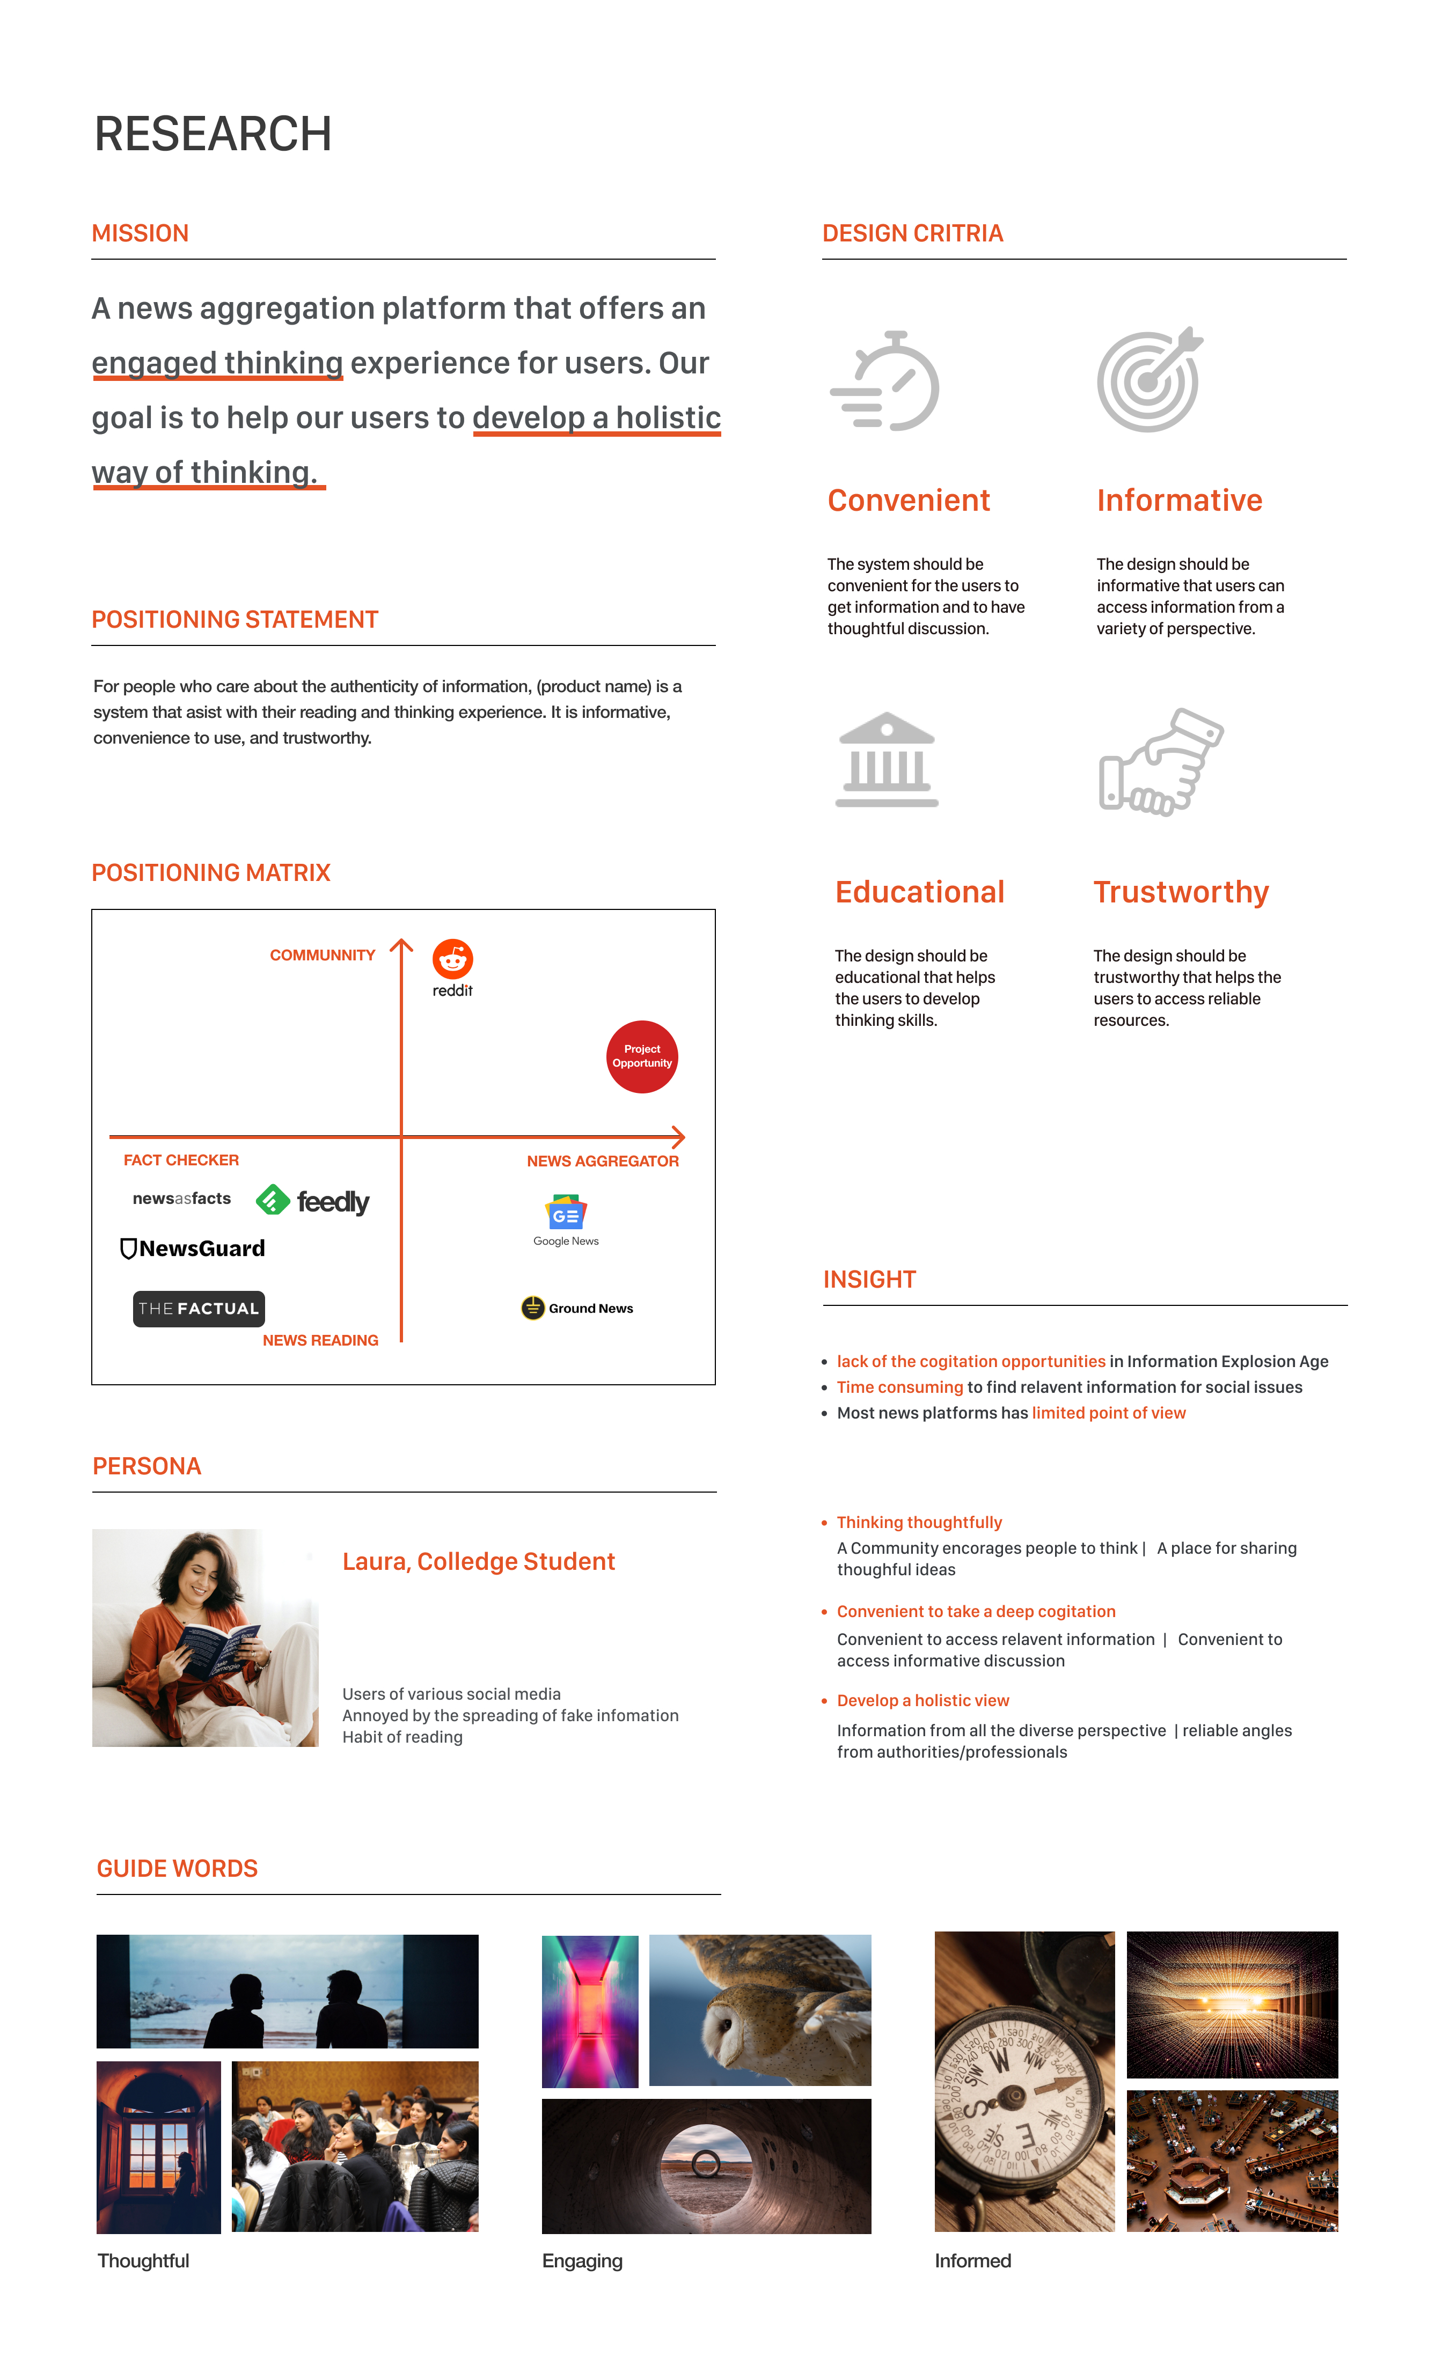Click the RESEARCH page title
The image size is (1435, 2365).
click(213, 134)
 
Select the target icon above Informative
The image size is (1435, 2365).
click(1149, 380)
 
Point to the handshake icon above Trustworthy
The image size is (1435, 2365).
click(1160, 762)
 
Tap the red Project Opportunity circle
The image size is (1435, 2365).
click(642, 1056)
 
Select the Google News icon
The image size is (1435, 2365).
click(566, 1213)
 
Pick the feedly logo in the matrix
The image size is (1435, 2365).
click(313, 1201)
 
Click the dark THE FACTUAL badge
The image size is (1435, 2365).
click(199, 1308)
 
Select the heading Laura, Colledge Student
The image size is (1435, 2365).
click(478, 1562)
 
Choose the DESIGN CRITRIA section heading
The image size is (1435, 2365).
click(912, 233)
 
